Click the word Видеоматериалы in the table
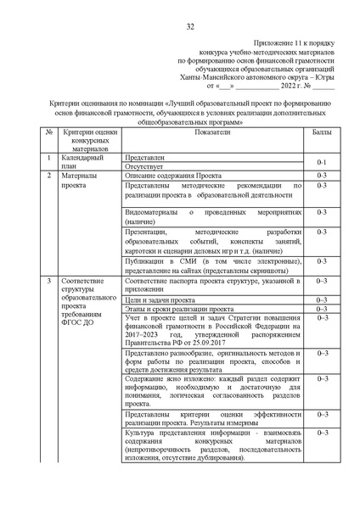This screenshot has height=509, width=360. pos(151,210)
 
